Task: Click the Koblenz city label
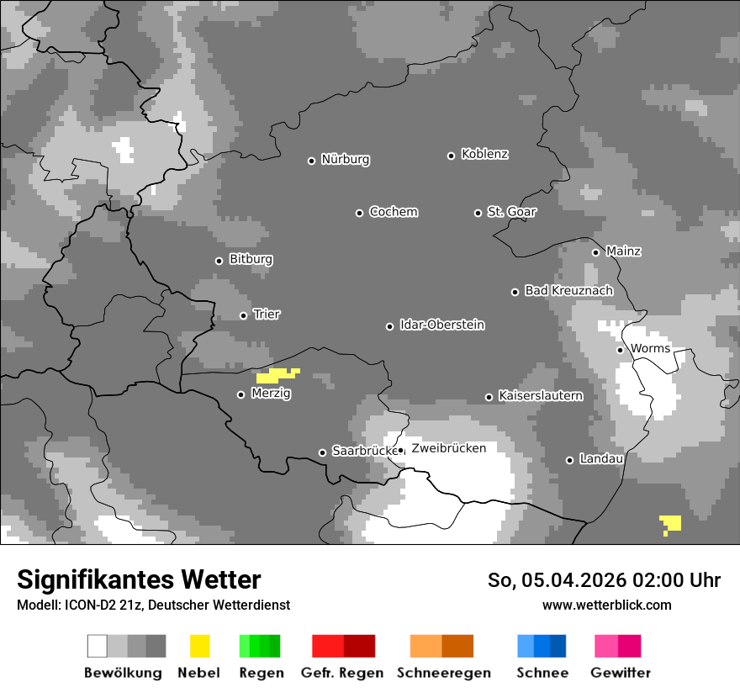pos(484,155)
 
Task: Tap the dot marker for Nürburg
pos(311,161)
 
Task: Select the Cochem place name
pos(393,212)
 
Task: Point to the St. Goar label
pos(511,212)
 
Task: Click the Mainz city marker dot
pos(595,252)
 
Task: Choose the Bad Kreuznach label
pos(568,291)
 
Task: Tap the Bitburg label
pos(251,260)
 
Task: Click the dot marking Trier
pos(243,315)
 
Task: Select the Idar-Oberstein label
pos(441,325)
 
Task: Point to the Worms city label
pos(650,349)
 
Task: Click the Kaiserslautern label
pos(540,395)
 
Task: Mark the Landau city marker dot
pos(569,460)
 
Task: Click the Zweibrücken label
pos(448,448)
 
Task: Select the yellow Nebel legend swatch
pos(199,646)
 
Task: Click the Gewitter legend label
pos(620,673)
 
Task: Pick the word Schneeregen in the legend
pos(443,673)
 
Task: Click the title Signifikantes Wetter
pos(139,579)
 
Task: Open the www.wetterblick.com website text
pos(606,605)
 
